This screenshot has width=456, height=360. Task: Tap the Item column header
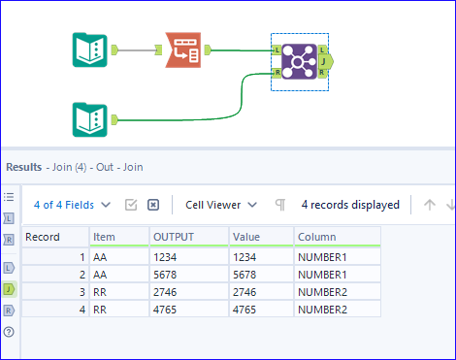(103, 236)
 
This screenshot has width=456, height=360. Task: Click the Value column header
(244, 236)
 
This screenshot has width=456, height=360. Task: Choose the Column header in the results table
(317, 236)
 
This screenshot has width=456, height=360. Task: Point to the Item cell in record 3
(101, 291)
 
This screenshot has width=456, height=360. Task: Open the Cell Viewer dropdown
(223, 205)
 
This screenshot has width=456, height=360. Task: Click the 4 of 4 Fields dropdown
(72, 205)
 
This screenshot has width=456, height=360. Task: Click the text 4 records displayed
(350, 205)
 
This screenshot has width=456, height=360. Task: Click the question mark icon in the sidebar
(10, 332)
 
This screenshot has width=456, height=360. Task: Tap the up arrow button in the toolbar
(430, 205)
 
